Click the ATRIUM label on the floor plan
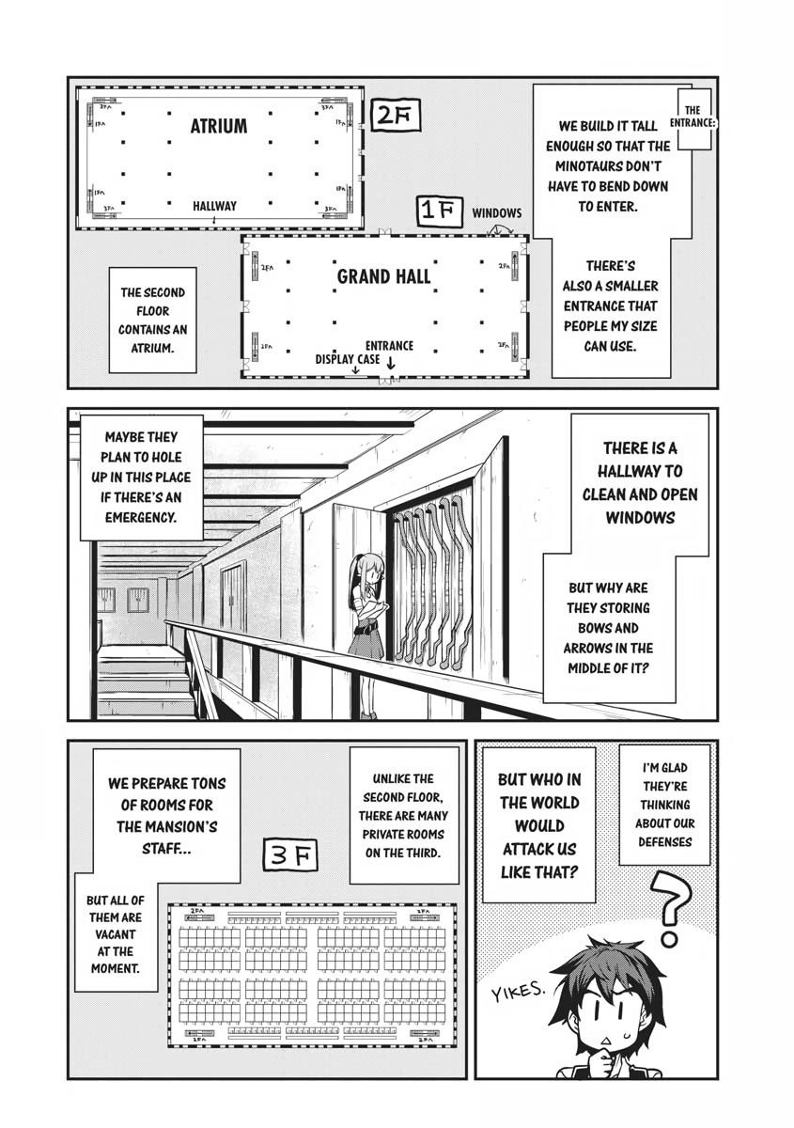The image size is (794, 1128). tap(219, 126)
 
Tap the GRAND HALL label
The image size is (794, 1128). tap(383, 276)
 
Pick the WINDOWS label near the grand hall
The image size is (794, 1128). tap(496, 214)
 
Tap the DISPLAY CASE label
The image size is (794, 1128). tap(347, 359)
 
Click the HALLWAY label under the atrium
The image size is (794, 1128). tap(214, 206)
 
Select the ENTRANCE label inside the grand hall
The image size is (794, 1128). tap(389, 346)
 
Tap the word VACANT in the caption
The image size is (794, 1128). tap(114, 934)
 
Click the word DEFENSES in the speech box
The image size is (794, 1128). tap(664, 841)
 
